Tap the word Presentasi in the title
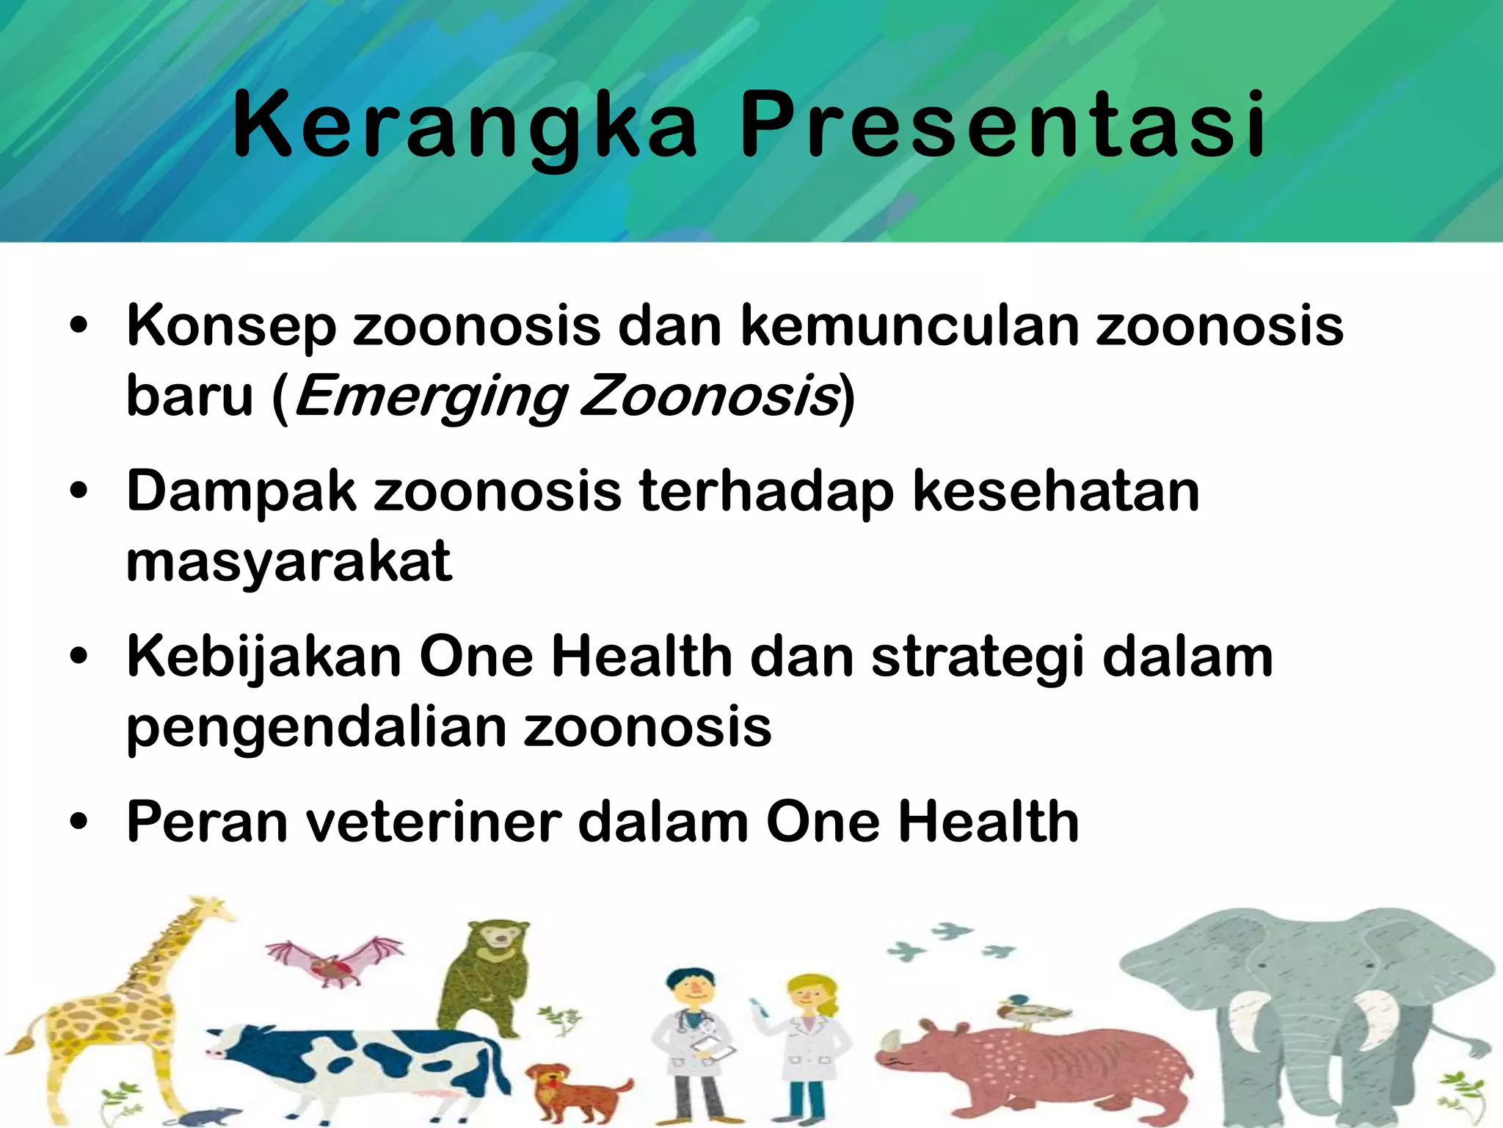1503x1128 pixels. point(1002,125)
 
